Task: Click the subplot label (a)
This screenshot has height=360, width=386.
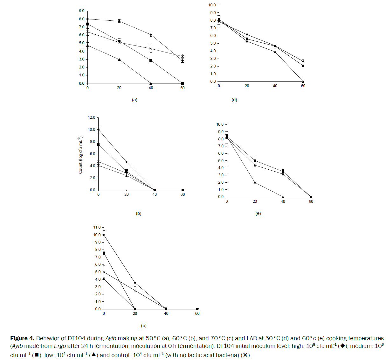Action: [134, 100]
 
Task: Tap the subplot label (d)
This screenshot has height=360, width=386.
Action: [234, 100]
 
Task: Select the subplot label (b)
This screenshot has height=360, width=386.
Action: [139, 214]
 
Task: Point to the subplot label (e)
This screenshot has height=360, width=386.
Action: [258, 213]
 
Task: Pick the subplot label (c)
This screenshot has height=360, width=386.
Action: [144, 326]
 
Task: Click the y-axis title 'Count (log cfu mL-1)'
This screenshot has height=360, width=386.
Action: [80, 155]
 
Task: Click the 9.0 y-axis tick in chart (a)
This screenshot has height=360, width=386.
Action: [82, 11]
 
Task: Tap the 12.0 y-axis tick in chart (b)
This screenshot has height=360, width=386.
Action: [92, 117]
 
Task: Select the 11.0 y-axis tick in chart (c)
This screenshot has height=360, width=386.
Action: [97, 227]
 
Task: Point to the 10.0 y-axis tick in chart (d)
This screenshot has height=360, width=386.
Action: [212, 5]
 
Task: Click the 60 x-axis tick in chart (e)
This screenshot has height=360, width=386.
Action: [311, 201]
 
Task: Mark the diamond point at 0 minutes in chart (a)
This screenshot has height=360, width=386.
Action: [88, 19]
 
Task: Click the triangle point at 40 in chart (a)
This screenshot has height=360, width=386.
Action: [151, 83]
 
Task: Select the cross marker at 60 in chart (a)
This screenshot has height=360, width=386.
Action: [183, 56]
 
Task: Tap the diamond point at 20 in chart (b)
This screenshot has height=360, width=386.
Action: [127, 162]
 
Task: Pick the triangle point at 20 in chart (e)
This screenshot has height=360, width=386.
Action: [255, 182]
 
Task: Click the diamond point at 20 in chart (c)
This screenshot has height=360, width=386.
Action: [135, 283]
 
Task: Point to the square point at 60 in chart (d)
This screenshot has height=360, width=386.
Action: [303, 66]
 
